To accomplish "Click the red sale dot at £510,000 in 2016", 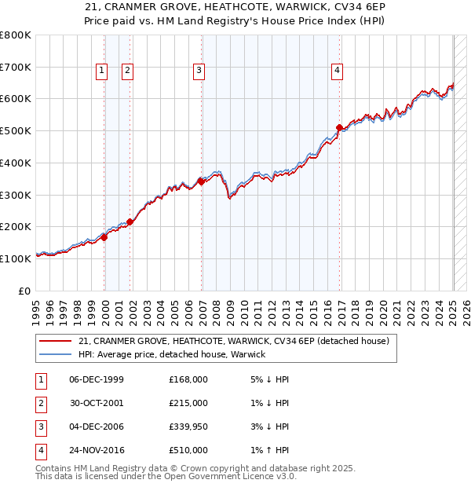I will (339, 127).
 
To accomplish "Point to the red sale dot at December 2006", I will (201, 181).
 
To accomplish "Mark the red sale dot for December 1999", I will (104, 236).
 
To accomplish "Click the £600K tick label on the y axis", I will (16, 99).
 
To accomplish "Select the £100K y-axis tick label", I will (16, 258).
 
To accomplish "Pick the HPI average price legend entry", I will (172, 354).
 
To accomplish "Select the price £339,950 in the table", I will (188, 427).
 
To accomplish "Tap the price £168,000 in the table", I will (188, 379).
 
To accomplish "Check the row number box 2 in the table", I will (40, 403).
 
